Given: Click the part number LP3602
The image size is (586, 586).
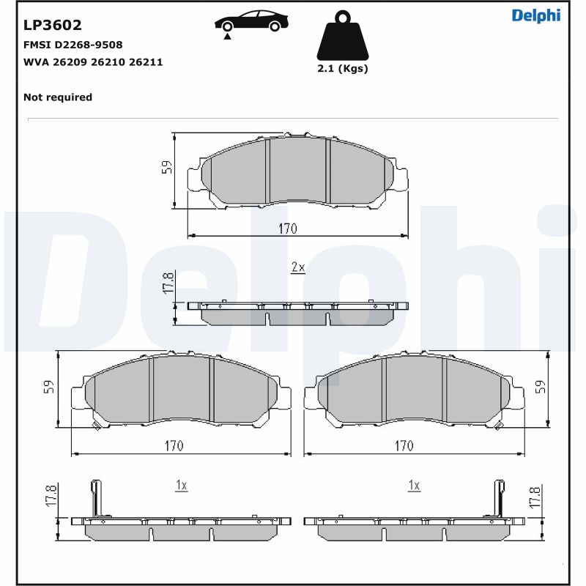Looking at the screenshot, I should (x=53, y=26).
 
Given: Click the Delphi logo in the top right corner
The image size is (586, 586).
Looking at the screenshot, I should (x=535, y=15).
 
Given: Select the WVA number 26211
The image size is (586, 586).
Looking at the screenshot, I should (x=146, y=62).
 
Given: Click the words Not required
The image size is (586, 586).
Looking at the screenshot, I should (x=58, y=97).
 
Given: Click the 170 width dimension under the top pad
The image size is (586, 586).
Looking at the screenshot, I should (x=287, y=229).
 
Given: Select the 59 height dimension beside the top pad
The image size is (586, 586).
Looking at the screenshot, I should (x=167, y=168).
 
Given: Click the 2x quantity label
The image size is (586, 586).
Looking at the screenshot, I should (x=297, y=268).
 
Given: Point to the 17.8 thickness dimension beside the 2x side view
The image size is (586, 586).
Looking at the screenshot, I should (x=168, y=284).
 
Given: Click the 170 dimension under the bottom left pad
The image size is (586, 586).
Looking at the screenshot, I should (x=174, y=445).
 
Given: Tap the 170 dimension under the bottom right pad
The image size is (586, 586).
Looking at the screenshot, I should (x=404, y=445).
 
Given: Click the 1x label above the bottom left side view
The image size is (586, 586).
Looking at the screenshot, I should (x=182, y=485).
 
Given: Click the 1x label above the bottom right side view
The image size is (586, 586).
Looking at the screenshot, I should (x=414, y=485).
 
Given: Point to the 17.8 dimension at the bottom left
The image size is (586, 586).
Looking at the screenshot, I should (x=51, y=495).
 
